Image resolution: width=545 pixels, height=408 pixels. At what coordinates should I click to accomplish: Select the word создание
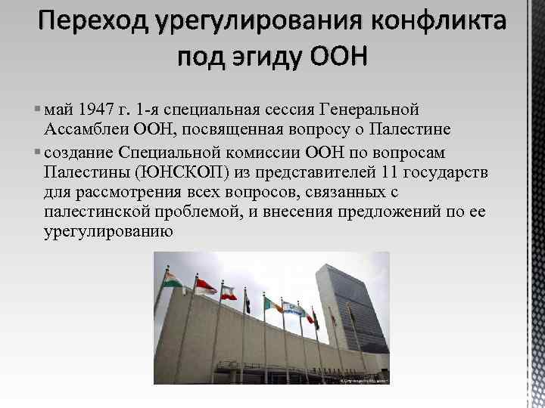click(78, 151)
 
